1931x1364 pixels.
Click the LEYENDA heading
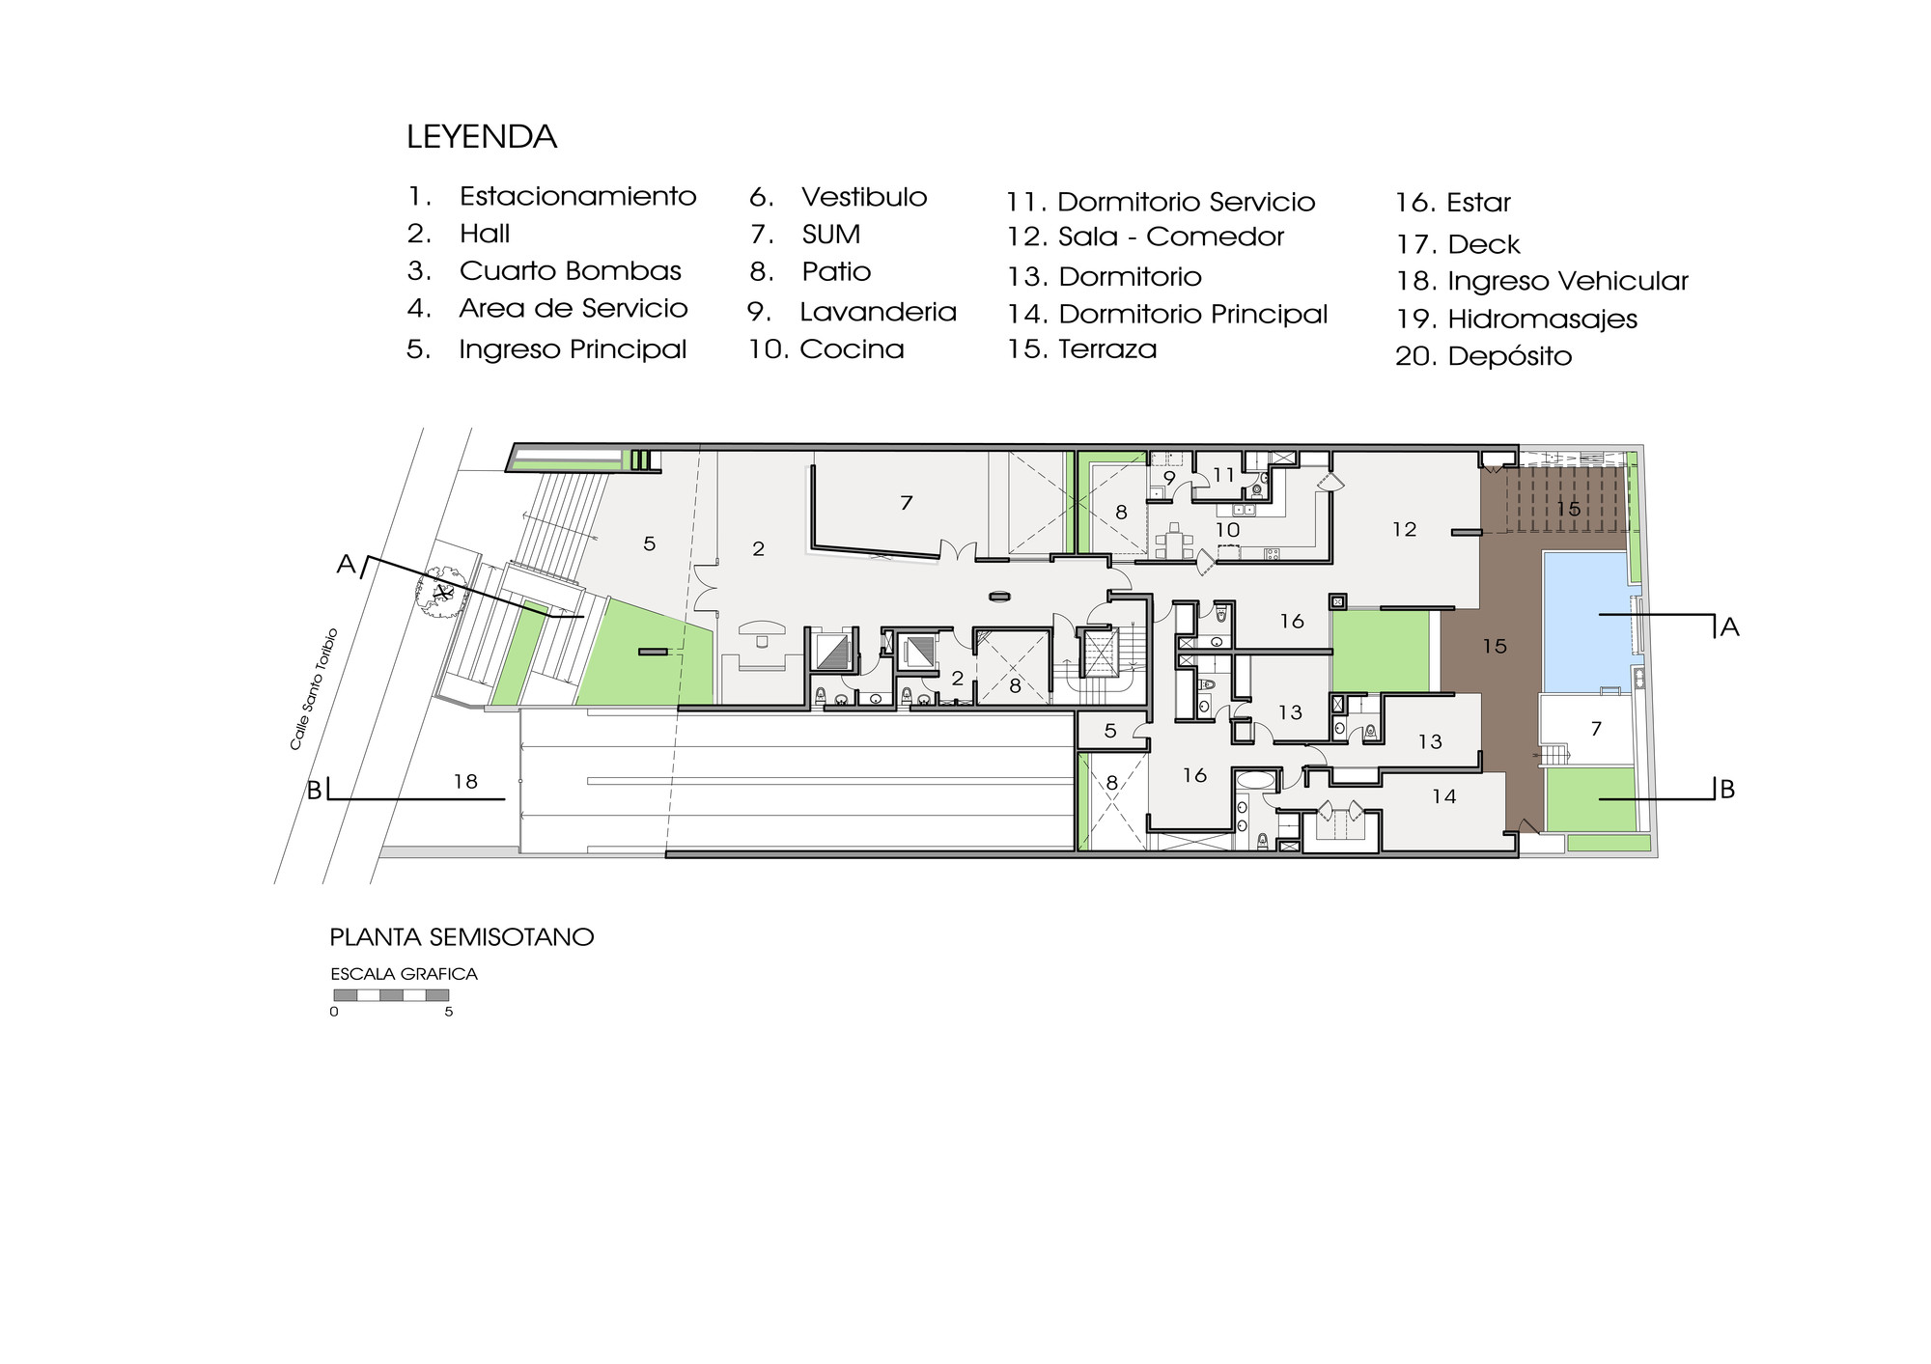click(x=482, y=137)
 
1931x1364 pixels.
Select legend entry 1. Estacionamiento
click(x=551, y=196)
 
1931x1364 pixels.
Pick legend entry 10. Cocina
click(x=826, y=348)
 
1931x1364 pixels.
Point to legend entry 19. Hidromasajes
click(x=1517, y=319)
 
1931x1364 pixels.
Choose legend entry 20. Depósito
click(x=1484, y=356)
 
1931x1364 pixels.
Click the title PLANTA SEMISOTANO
click(x=462, y=937)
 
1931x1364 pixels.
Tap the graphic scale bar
click(x=391, y=995)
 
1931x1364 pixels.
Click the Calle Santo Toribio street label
click(x=315, y=688)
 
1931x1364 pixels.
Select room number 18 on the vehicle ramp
click(x=465, y=782)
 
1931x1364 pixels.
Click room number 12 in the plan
click(x=1405, y=529)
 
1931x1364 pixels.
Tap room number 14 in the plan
click(x=1444, y=796)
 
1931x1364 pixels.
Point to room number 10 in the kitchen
click(x=1227, y=530)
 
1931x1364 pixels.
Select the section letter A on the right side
click(x=1729, y=627)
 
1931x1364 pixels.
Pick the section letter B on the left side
click(x=314, y=791)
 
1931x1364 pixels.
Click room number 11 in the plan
click(x=1224, y=475)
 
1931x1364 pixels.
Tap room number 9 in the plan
click(x=1169, y=477)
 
